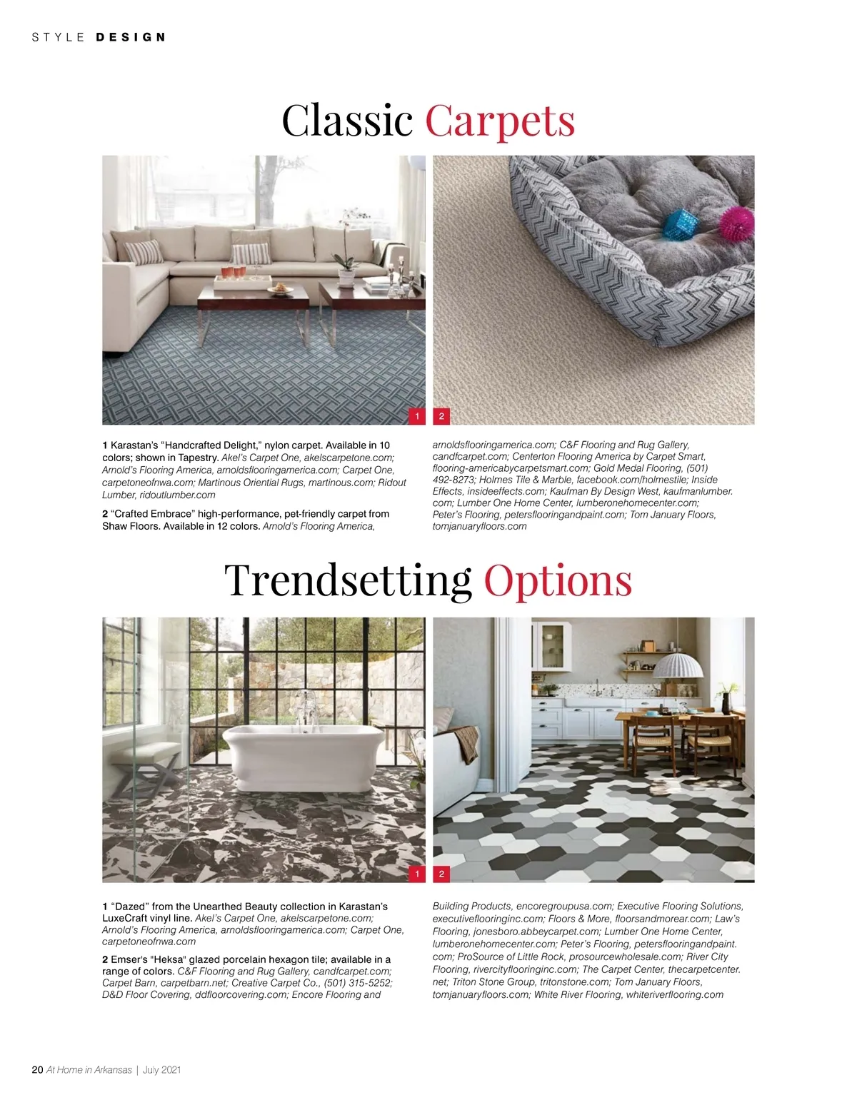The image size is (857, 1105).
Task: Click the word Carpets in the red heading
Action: tap(500, 120)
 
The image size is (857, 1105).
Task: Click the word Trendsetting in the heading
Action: tap(348, 580)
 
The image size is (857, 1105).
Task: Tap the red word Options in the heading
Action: tap(558, 580)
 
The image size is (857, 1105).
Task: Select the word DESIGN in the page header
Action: tap(131, 37)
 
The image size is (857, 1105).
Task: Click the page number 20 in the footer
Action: tap(38, 1069)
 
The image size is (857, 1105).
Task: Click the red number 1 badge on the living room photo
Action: tap(417, 416)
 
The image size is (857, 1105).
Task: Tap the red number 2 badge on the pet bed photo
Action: tap(441, 416)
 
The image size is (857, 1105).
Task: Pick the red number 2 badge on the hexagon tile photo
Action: tap(441, 874)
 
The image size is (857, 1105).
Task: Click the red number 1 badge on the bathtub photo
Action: tap(417, 874)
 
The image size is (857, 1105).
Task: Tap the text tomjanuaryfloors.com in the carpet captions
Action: tap(479, 526)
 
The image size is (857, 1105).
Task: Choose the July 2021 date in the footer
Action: tap(161, 1069)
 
